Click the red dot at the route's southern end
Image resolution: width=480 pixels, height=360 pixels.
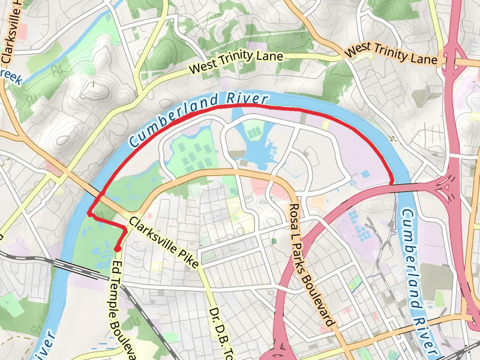click(x=118, y=248)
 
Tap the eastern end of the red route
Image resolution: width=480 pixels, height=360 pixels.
click(x=391, y=182)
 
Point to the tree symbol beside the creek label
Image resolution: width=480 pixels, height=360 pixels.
click(x=58, y=70)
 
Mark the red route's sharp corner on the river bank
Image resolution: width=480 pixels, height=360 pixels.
click(x=89, y=213)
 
